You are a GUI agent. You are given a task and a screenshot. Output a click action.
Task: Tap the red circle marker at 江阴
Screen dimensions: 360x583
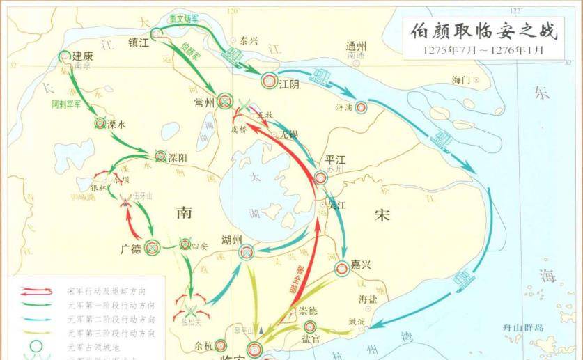pyautogui.click(x=268, y=81)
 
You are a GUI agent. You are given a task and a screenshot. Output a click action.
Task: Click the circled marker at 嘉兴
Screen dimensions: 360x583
pyautogui.click(x=341, y=268)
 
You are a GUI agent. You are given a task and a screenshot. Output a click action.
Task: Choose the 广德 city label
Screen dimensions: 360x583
pyautogui.click(x=131, y=249)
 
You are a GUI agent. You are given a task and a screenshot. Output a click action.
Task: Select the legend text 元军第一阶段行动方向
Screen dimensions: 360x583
pyautogui.click(x=111, y=305)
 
